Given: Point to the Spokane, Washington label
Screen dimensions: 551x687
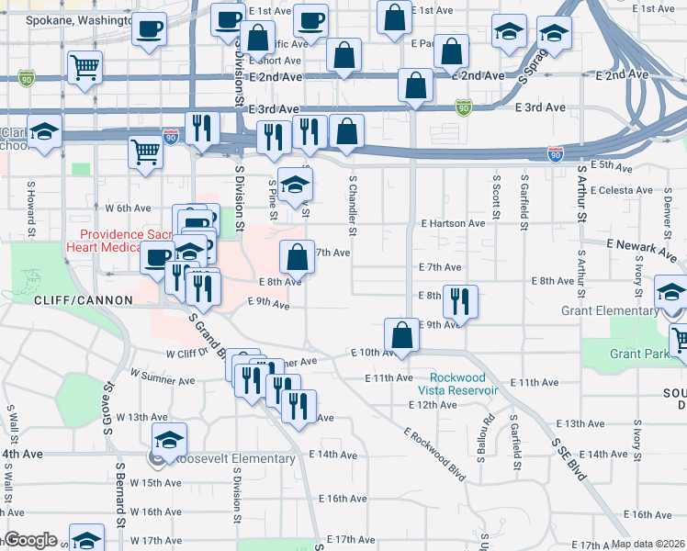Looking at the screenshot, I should (x=77, y=19).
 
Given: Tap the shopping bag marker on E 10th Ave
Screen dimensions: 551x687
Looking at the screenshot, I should (x=401, y=335).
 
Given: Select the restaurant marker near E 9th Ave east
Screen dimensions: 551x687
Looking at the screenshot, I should (x=460, y=301).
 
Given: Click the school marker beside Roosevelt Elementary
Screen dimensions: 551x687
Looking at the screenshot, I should (x=169, y=441).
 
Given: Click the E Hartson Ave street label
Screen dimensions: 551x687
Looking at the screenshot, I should (x=453, y=223).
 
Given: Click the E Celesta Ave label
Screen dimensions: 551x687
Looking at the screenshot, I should (x=626, y=190).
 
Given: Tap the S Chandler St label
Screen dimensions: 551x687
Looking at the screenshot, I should (x=352, y=205).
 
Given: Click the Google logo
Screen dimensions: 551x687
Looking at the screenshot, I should (x=29, y=540).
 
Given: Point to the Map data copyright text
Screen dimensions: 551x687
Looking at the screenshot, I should (x=648, y=544).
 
